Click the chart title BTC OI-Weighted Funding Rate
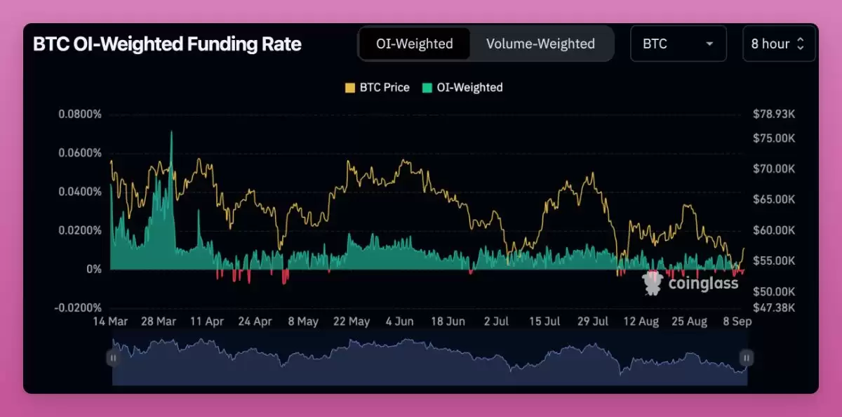[167, 44]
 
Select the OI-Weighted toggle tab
[414, 44]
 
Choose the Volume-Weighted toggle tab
[540, 44]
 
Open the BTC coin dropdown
[678, 44]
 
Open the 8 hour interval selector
[778, 44]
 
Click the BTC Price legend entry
[377, 88]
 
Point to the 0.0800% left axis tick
[79, 114]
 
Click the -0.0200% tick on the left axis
[78, 307]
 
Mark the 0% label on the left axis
[93, 269]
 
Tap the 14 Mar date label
[111, 322]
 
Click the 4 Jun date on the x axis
[400, 322]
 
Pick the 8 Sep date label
[737, 322]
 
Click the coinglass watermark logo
[690, 283]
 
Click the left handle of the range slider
[112, 358]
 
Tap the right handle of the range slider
[747, 358]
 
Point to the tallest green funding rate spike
[171, 133]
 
